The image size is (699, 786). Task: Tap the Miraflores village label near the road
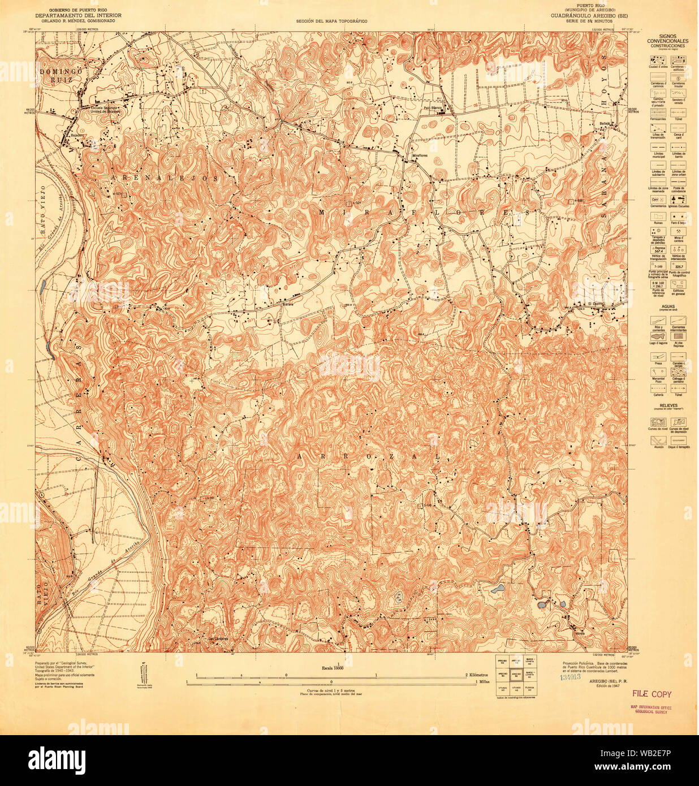click(x=419, y=155)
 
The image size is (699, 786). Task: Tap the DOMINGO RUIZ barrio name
click(x=61, y=76)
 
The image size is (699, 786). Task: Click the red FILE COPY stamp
click(x=651, y=694)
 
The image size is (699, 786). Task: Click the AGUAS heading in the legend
click(x=667, y=306)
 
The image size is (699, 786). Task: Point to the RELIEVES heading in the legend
click(x=667, y=405)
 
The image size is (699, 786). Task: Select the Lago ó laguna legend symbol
click(x=658, y=336)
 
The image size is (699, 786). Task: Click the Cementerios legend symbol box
click(x=658, y=200)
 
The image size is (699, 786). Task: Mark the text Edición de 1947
click(x=608, y=685)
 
